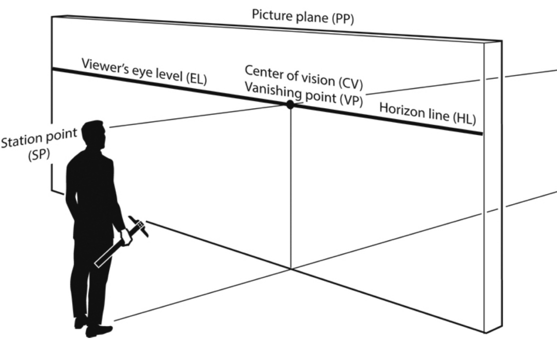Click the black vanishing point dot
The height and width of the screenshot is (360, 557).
(290, 105)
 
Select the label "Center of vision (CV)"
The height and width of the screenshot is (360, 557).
(304, 75)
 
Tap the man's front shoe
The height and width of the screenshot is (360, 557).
(99, 331)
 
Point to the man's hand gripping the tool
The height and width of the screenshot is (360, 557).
(125, 237)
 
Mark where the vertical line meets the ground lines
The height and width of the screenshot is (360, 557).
(290, 268)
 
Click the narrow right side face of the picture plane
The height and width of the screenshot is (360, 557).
(493, 187)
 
